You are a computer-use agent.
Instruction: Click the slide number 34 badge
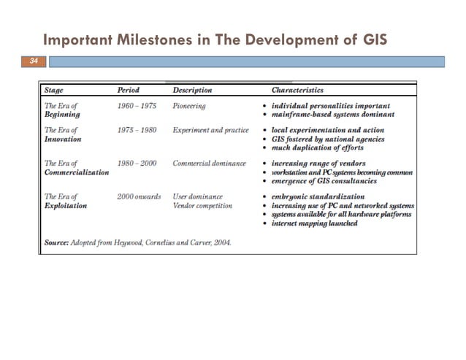click(x=31, y=62)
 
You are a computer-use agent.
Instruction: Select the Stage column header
click(x=54, y=91)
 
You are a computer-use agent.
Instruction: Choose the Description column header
click(x=192, y=91)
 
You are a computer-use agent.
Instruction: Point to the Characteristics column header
click(x=297, y=91)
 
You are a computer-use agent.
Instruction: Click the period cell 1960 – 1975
click(x=137, y=106)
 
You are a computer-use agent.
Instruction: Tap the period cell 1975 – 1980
click(x=137, y=130)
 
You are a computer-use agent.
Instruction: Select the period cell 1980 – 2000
click(x=137, y=163)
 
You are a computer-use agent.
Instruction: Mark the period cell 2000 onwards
click(x=139, y=196)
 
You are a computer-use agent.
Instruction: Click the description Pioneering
click(x=189, y=106)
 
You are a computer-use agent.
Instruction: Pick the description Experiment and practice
click(x=210, y=130)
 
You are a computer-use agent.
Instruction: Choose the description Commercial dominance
click(x=209, y=163)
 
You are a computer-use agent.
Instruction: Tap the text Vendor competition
click(x=202, y=206)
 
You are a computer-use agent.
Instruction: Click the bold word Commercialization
click(x=77, y=172)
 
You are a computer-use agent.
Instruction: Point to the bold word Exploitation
click(x=66, y=206)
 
